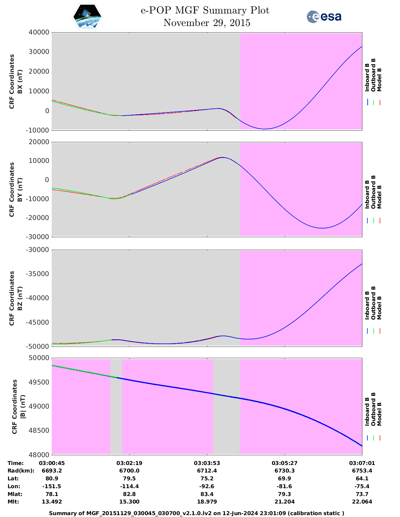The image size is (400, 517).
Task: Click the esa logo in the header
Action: point(324,17)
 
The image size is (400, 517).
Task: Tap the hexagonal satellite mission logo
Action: point(88,17)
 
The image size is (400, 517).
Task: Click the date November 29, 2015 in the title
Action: point(207,23)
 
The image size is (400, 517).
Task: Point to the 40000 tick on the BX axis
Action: point(39,32)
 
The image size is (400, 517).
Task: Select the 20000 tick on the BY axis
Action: point(39,142)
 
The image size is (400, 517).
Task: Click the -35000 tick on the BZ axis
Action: point(38,274)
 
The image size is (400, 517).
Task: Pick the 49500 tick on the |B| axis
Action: point(39,382)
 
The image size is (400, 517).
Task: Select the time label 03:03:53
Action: point(207,463)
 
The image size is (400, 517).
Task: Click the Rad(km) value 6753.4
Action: point(362,471)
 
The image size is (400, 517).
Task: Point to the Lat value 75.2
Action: point(207,478)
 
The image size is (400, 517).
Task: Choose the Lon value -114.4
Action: point(129,486)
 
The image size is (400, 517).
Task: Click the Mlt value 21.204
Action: point(285,502)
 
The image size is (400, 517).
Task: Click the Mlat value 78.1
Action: point(52,494)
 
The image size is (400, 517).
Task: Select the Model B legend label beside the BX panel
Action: point(379,80)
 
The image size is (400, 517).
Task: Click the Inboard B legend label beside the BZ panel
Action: point(367,305)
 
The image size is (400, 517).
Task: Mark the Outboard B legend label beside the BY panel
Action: point(373,192)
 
